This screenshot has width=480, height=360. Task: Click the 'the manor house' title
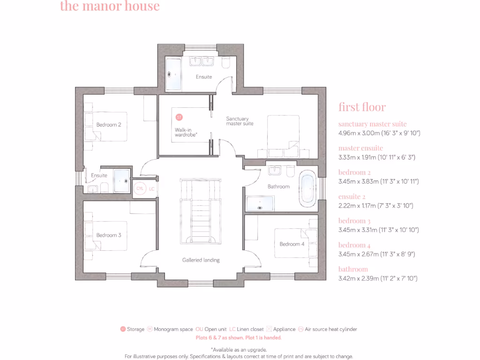tap(110, 7)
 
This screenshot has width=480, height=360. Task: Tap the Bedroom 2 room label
tap(109, 125)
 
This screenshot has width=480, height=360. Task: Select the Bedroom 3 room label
tap(109, 235)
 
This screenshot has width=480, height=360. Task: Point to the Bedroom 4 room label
tap(292, 244)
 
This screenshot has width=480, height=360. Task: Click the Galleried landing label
tap(201, 260)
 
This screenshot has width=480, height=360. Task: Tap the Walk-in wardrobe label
tap(186, 132)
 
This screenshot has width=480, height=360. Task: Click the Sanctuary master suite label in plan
tap(240, 121)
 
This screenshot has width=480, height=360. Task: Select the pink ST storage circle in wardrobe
tap(179, 117)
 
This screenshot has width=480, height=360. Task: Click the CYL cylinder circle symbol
tap(140, 188)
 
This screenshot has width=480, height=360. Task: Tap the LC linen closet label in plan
tap(151, 188)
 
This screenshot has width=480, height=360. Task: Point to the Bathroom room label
tap(278, 186)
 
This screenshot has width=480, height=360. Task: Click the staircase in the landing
tap(200, 211)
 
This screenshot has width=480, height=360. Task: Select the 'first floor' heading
tap(362, 107)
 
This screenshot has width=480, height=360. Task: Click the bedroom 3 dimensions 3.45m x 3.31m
tap(378, 230)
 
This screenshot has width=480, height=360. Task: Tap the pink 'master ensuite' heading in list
tap(360, 148)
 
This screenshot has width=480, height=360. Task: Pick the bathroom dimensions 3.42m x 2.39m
tap(378, 278)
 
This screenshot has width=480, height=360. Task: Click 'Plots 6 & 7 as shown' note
tap(239, 337)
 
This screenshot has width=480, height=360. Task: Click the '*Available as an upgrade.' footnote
tap(239, 349)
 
